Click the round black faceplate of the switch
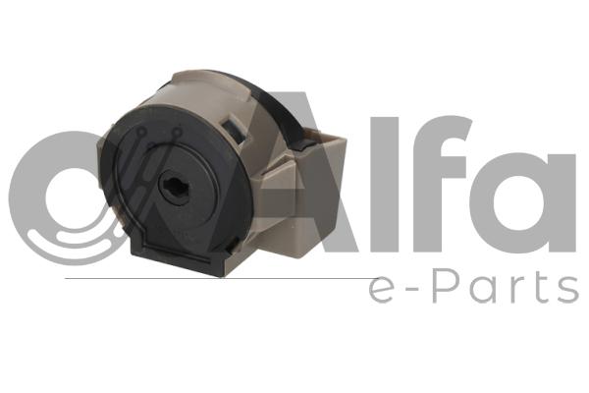(158, 187)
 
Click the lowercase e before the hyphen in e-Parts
(382, 286)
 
